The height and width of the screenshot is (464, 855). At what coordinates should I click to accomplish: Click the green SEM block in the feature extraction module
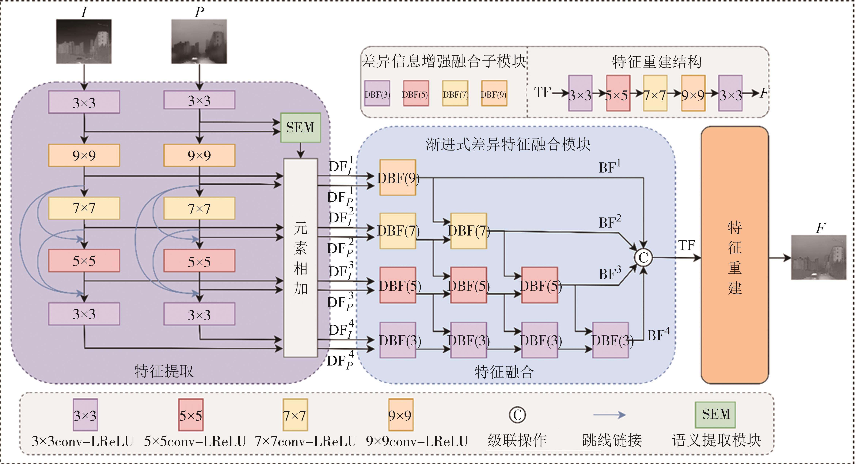pyautogui.click(x=300, y=128)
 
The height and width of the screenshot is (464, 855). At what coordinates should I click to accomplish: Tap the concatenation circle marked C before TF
pyautogui.click(x=643, y=258)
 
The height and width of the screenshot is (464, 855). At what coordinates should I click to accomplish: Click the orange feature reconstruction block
pyautogui.click(x=735, y=255)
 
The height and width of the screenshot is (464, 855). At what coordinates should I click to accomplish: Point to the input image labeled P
pyautogui.click(x=199, y=41)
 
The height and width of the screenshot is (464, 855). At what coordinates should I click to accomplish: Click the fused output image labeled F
pyautogui.click(x=819, y=258)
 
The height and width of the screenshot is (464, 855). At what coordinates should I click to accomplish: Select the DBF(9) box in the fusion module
pyautogui.click(x=398, y=178)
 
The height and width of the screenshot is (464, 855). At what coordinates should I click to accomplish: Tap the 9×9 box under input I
pyautogui.click(x=84, y=155)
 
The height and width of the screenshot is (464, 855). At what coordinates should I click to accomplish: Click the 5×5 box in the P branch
pyautogui.click(x=199, y=261)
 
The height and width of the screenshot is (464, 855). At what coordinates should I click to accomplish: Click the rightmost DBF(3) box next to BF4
pyautogui.click(x=611, y=340)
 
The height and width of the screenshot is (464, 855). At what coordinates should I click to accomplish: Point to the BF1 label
pyautogui.click(x=609, y=167)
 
